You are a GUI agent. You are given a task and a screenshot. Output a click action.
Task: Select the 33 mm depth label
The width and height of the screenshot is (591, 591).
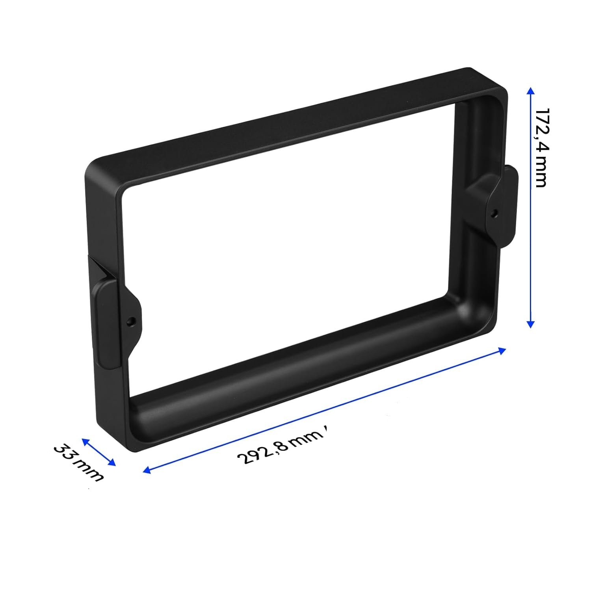click(78, 463)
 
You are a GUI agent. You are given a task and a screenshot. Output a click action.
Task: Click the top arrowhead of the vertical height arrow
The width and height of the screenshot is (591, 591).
click(531, 91)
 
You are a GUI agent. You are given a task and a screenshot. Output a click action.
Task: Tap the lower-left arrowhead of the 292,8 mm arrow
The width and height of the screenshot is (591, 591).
click(147, 470)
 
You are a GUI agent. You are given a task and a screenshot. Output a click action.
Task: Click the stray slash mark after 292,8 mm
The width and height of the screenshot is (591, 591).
click(327, 429)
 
